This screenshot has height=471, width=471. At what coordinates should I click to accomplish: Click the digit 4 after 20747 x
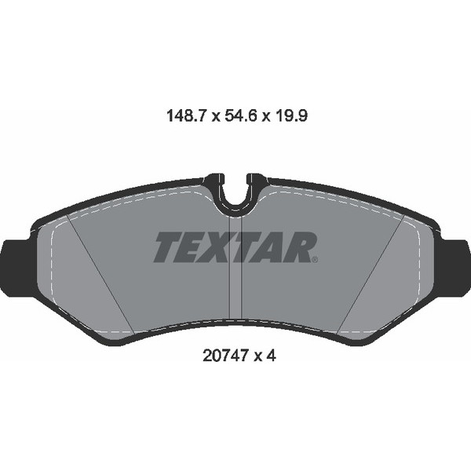tap(272, 355)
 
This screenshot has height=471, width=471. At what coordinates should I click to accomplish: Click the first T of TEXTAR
tap(167, 247)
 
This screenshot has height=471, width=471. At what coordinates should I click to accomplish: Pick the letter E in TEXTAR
tap(193, 247)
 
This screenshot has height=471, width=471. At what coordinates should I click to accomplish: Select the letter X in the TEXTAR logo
tap(221, 247)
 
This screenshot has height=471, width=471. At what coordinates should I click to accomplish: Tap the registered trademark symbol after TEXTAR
tap(316, 260)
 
